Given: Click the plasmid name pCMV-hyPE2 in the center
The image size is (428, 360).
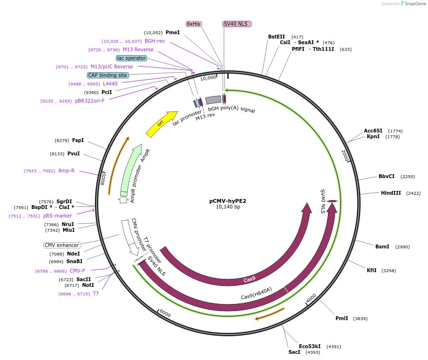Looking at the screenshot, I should coord(228,201).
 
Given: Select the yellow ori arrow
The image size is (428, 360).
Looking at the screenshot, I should coord(161,124).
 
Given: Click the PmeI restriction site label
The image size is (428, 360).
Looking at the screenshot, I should coord(173,32).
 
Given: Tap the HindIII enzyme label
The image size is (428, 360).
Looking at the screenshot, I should coord(391,193).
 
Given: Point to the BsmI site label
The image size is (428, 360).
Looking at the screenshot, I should coord(382,246).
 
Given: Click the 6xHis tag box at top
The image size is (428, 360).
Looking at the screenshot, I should coord(193,24).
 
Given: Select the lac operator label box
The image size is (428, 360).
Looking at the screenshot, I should coord(131,58).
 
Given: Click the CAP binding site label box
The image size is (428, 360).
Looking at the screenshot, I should coord(108,75).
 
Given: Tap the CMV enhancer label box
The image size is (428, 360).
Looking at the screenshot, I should coord(62,245).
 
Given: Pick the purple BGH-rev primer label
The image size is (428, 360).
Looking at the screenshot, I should coord(155,41).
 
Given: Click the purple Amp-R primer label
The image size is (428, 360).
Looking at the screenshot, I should coord(66,171).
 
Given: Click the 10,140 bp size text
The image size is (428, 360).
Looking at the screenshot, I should coord(228,207).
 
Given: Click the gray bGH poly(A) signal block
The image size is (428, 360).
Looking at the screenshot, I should coord(213,100).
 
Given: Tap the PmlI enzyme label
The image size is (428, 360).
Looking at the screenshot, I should coord(342,318).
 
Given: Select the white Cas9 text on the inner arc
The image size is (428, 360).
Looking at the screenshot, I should coord(250,280).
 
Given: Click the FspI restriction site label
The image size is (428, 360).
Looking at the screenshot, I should coord(78,140).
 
